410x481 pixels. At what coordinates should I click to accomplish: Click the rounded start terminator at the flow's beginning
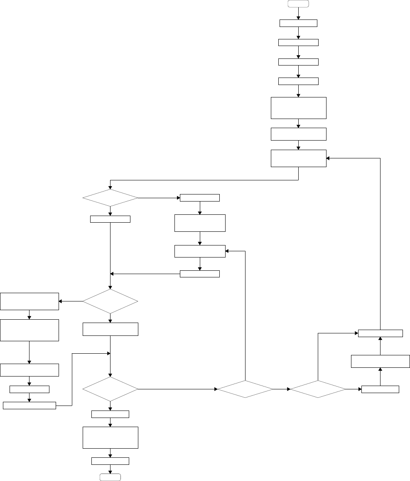point(298,4)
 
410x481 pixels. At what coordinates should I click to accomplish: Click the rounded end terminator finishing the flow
point(110,477)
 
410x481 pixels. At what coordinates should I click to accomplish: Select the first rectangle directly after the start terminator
point(298,23)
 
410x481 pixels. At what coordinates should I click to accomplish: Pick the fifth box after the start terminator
point(298,108)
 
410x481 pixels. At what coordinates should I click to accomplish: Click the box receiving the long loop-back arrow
point(298,158)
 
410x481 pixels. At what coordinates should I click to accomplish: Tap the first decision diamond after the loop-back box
point(110,198)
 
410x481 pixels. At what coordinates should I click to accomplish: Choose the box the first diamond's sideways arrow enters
point(200,198)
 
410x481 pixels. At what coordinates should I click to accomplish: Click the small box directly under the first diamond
point(110,219)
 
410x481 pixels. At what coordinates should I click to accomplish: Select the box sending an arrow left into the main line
point(200,274)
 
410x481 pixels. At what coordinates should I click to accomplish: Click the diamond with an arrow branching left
point(110,301)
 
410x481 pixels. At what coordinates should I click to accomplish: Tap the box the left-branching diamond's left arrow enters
point(29,301)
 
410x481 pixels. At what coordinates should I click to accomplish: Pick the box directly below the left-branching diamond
point(110,329)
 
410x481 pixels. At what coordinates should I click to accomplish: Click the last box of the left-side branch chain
point(29,405)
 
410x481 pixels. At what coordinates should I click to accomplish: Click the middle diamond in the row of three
point(245,389)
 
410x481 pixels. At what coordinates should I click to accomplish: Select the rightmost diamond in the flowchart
point(318,389)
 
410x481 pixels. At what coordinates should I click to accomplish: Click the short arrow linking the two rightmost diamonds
point(282,389)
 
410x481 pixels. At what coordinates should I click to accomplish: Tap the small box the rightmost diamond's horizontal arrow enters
point(380,389)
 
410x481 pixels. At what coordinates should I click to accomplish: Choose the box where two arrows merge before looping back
point(380,333)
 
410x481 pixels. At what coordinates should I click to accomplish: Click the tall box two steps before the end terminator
point(110,437)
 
